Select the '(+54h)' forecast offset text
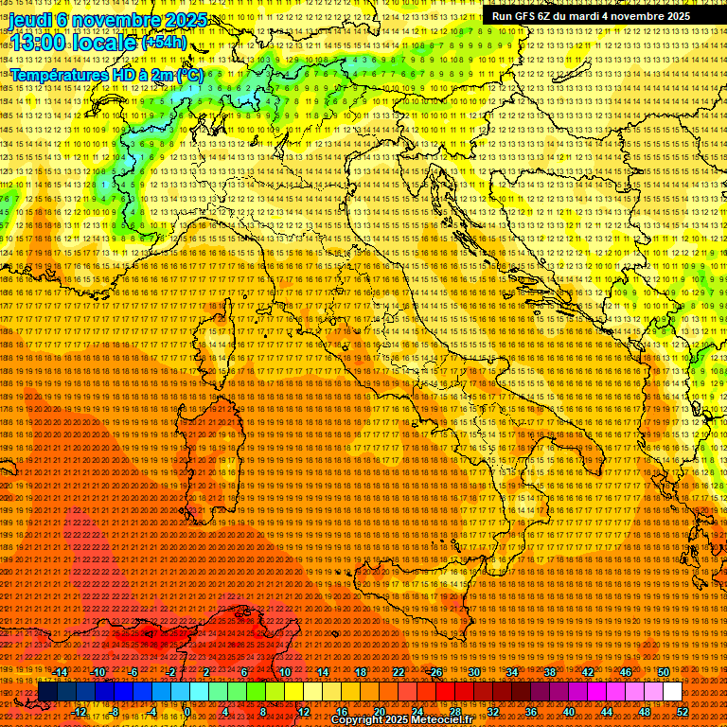coord(164,43)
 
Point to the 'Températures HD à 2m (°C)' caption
coord(106,74)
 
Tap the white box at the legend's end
coord(672,691)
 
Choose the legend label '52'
coord(682,711)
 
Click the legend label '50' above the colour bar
coord(663,672)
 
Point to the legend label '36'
coord(530,711)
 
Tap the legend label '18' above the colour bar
coord(360,672)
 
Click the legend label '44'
coord(606,711)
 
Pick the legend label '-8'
coord(115,711)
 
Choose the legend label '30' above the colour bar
coord(473,672)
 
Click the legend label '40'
coord(568,711)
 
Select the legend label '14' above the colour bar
coord(322,672)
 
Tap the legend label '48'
coord(644,711)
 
